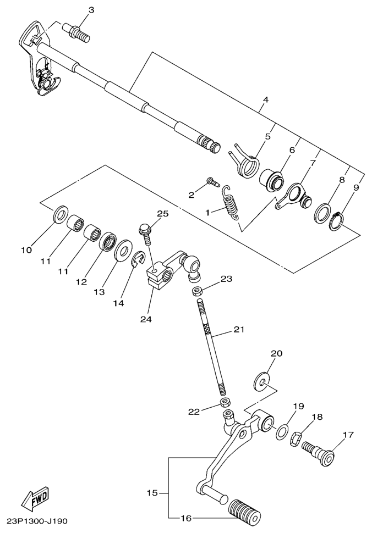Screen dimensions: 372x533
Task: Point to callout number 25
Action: [162, 214]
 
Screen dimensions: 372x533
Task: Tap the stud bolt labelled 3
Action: [77, 33]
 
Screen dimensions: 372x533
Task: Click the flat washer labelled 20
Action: [262, 382]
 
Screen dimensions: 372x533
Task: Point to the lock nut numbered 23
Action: [196, 291]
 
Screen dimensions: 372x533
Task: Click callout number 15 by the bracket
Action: [152, 492]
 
